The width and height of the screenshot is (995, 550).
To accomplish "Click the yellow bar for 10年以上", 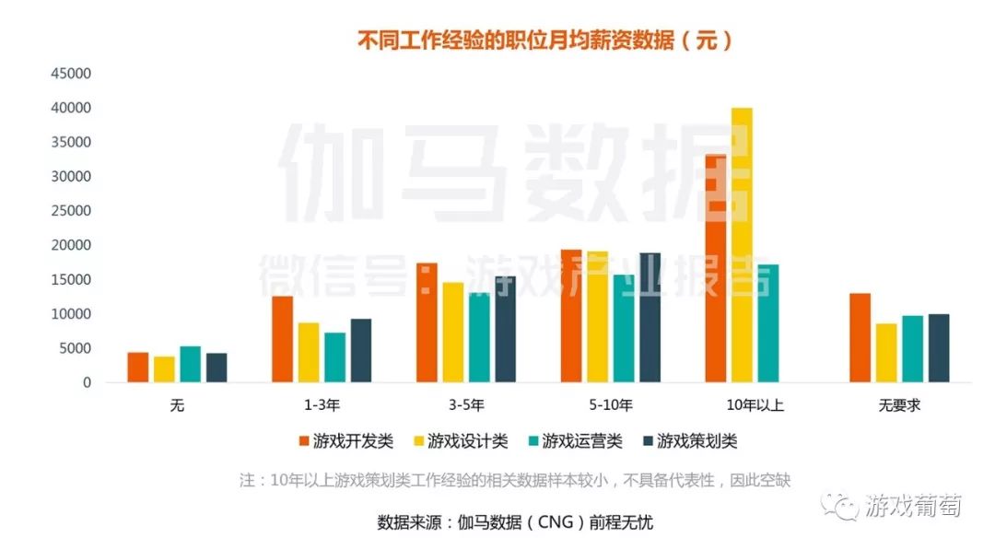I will (x=742, y=245).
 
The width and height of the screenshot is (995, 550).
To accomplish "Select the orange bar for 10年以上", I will (x=715, y=268).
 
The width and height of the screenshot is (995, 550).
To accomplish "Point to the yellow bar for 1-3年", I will (x=309, y=353).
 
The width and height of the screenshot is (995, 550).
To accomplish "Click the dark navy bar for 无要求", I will (x=938, y=348).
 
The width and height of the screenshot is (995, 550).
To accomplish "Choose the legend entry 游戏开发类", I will (x=345, y=441).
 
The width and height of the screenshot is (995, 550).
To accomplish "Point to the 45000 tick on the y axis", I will (x=71, y=74).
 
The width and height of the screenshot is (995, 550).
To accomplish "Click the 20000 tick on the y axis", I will (x=71, y=245).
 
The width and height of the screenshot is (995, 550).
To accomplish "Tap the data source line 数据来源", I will (x=515, y=522).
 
